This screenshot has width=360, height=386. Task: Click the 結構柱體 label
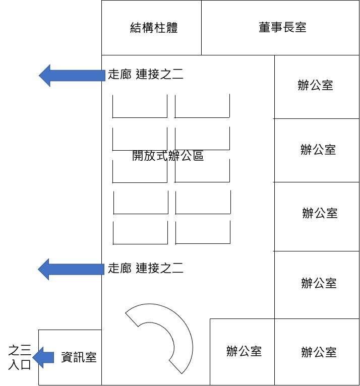pyautogui.click(x=154, y=27)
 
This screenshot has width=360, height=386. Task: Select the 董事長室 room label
pyautogui.click(x=282, y=27)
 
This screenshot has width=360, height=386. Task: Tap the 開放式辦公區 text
pyautogui.click(x=168, y=156)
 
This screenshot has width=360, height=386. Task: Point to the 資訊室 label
pyautogui.click(x=79, y=357)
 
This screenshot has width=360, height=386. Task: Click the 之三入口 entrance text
pyautogui.click(x=20, y=356)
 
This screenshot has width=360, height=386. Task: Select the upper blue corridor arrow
pyautogui.click(x=71, y=76)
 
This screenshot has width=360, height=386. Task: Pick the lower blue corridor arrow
pyautogui.click(x=71, y=269)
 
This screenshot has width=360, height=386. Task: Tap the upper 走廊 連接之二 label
pyautogui.click(x=146, y=75)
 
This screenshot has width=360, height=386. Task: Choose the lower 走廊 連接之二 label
pyautogui.click(x=146, y=268)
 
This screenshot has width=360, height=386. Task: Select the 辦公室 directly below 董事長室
pyautogui.click(x=316, y=85)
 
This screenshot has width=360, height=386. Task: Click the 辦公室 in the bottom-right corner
pyautogui.click(x=319, y=352)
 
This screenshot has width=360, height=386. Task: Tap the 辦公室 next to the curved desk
pyautogui.click(x=244, y=351)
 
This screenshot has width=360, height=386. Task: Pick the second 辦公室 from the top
pyautogui.click(x=318, y=150)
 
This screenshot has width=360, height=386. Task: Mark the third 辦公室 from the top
pyautogui.click(x=320, y=213)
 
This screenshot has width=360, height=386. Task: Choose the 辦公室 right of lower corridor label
pyautogui.click(x=319, y=283)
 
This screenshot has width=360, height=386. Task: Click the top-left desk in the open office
pyautogui.click(x=140, y=106)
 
